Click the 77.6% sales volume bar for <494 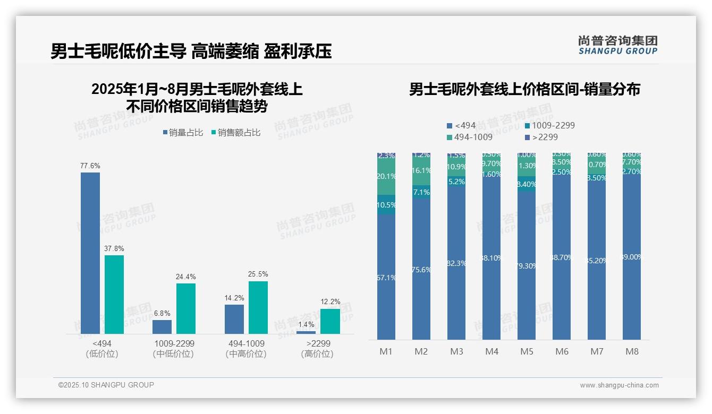[x=90, y=253]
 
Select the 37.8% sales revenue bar [x=114, y=294]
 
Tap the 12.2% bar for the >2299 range [x=330, y=321]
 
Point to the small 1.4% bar [x=306, y=332]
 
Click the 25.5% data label [x=258, y=274]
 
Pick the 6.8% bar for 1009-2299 [x=162, y=326]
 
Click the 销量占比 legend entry [x=183, y=133]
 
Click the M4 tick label [x=491, y=351]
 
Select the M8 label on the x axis [x=632, y=351]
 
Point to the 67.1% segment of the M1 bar [x=386, y=277]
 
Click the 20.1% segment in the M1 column [x=386, y=177]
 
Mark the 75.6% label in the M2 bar [x=421, y=270]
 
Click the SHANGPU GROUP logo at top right [x=618, y=45]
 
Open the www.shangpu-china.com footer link [x=619, y=385]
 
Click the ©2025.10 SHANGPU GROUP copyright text [x=106, y=385]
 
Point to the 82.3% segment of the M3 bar [x=456, y=263]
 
